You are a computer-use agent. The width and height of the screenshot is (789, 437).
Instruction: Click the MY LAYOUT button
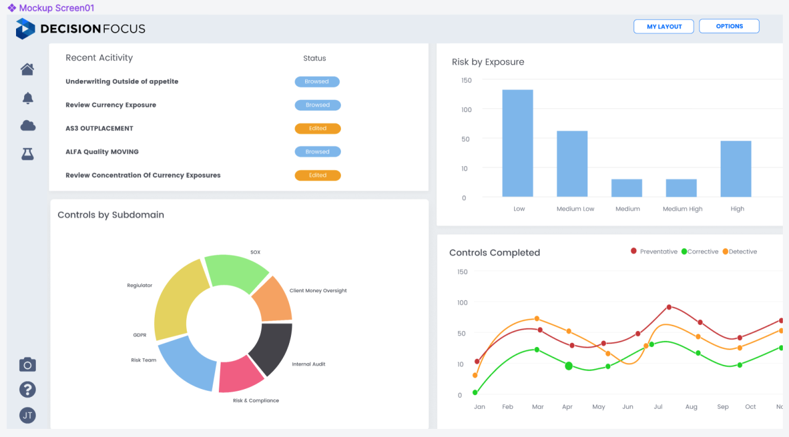coord(664,27)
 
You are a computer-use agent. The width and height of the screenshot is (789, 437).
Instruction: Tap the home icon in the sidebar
coord(27,69)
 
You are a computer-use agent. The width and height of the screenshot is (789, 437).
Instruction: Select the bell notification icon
coord(28,98)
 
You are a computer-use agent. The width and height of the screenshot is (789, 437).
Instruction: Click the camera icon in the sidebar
coord(28,365)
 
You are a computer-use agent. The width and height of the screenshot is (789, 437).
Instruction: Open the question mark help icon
coord(28,390)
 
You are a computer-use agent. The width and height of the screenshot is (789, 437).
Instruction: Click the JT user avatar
coord(28,415)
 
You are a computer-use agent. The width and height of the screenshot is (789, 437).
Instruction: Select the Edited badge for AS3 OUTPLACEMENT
coord(317,128)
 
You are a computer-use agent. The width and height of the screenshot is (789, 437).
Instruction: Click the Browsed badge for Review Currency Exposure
coord(317,105)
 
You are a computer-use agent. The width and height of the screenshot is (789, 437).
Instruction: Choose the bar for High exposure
coord(736,169)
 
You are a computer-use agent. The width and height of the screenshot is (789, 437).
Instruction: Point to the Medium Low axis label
coord(575,209)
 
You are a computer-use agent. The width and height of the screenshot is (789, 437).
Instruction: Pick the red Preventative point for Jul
coord(669,307)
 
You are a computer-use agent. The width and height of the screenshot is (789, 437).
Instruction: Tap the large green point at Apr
coord(568,366)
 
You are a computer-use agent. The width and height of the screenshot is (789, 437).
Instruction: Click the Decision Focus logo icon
coord(25,28)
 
